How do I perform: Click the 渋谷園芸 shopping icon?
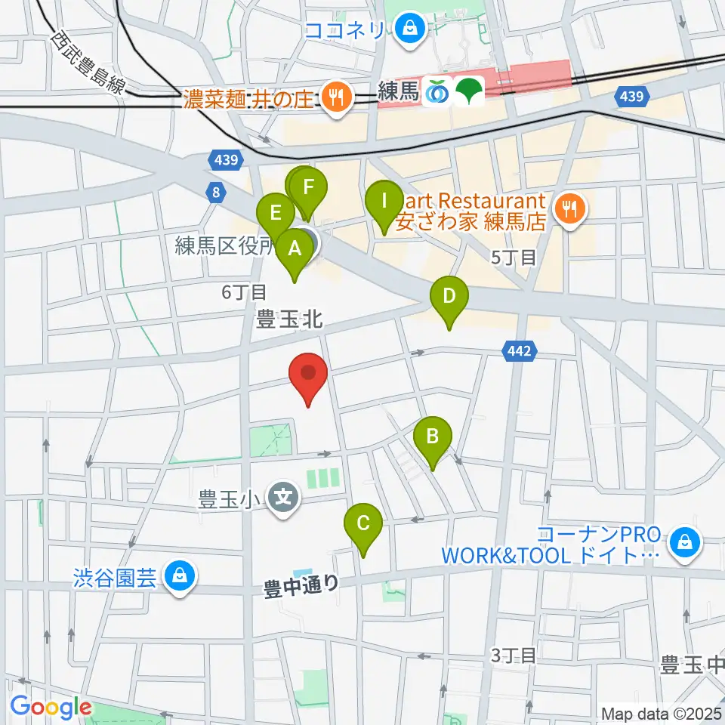[180, 577]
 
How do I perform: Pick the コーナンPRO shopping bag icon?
[685, 542]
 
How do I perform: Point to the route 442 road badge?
[518, 350]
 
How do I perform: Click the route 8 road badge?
[217, 193]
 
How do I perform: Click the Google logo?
[51, 707]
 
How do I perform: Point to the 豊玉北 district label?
[291, 319]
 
